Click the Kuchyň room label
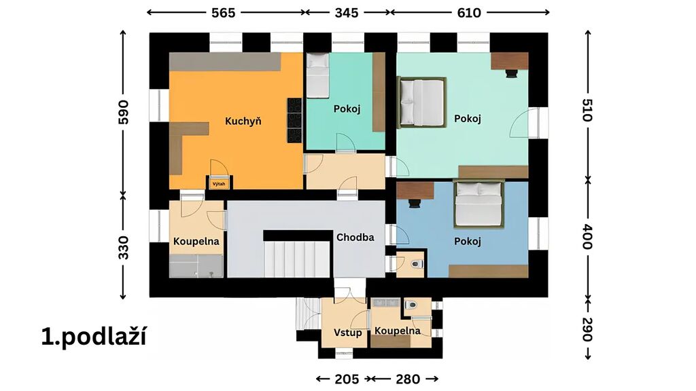[x=243, y=121]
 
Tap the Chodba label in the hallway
[x=355, y=237]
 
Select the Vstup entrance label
[x=347, y=333]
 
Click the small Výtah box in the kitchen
[x=218, y=183]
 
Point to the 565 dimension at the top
[x=223, y=13]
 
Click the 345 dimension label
[x=346, y=13]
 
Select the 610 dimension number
[x=469, y=13]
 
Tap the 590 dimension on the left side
[x=124, y=112]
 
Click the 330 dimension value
[x=124, y=247]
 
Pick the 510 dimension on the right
[x=587, y=110]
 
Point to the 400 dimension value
[x=587, y=237]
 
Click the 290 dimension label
[x=587, y=329]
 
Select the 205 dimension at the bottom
[x=347, y=379]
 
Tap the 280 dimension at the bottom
[x=408, y=379]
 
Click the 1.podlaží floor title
[x=94, y=337]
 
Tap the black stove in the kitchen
[x=294, y=120]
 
